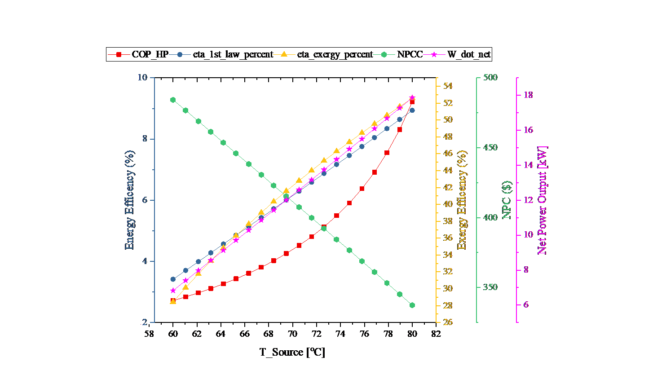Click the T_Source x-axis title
click(292, 352)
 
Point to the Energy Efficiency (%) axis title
click(129, 200)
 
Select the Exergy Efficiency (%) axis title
click(462, 200)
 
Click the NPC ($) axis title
click(507, 200)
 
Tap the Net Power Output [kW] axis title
click(543, 200)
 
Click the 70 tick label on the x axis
click(292, 334)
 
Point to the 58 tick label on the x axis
click(149, 334)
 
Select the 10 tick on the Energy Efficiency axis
click(142, 77)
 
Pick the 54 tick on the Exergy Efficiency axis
click(448, 86)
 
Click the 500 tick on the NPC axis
click(491, 77)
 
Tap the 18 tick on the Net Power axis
click(528, 95)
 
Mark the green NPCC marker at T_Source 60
click(173, 100)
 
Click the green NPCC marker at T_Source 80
click(412, 305)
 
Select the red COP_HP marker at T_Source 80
click(412, 102)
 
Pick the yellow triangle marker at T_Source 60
click(173, 301)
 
